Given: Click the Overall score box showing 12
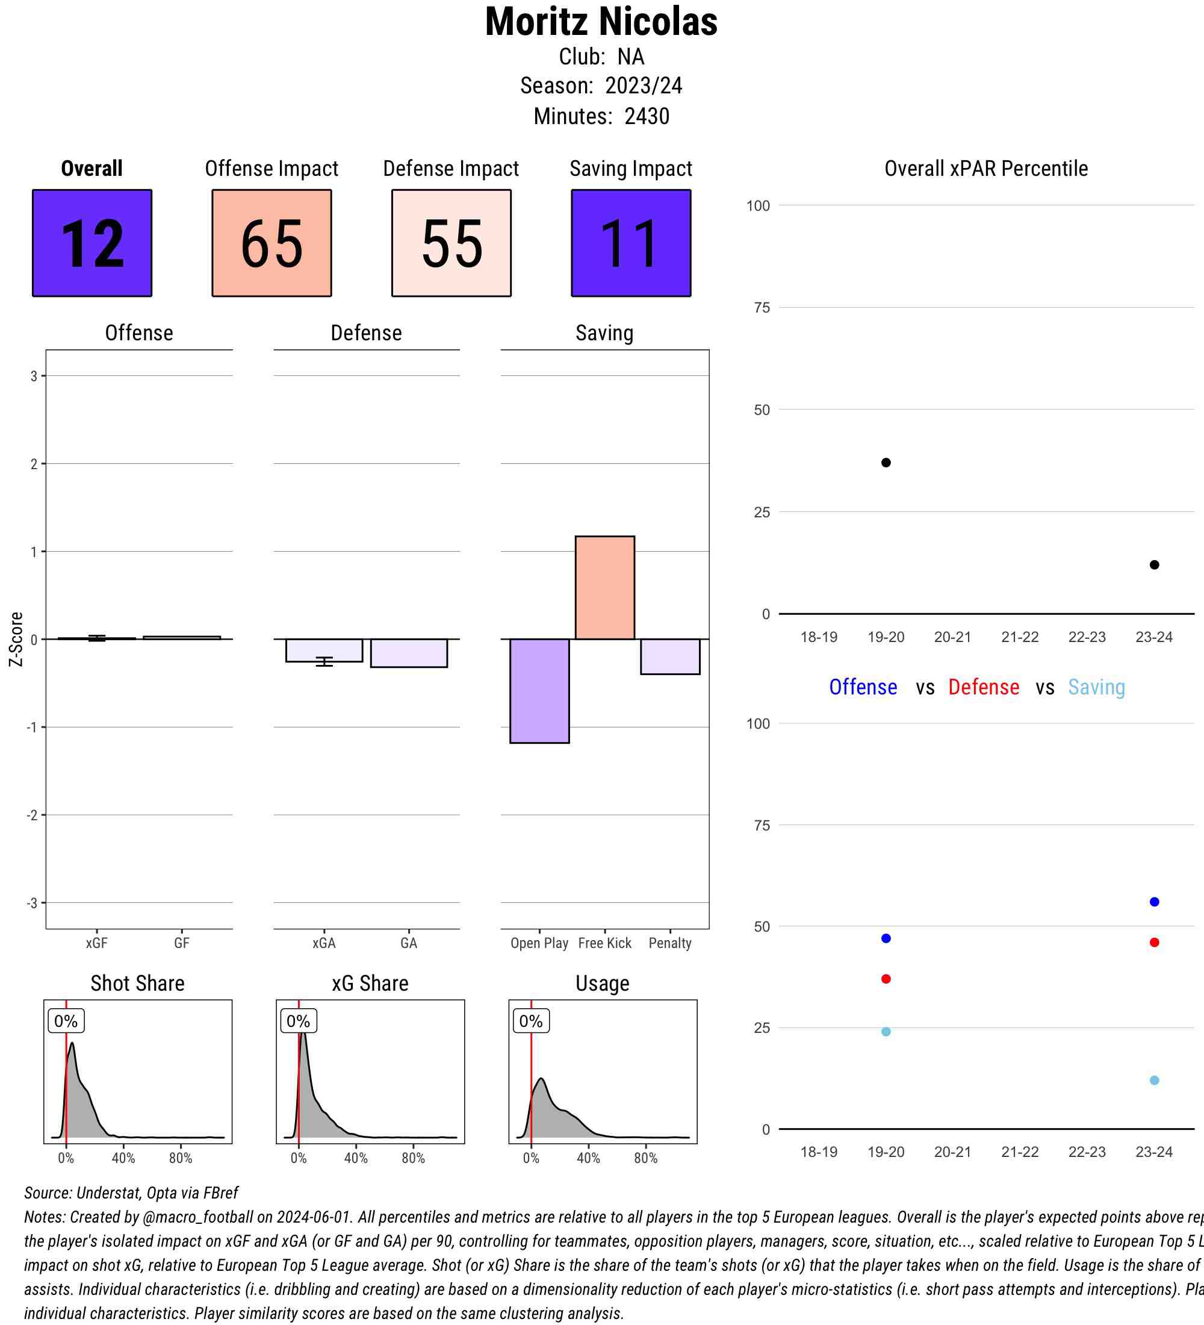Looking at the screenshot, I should (x=92, y=243).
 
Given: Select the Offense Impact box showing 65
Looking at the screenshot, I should (x=272, y=243).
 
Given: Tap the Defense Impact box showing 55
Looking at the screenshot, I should (x=451, y=243).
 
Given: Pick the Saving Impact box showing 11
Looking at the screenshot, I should (x=630, y=243).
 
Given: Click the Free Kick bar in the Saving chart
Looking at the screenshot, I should (x=604, y=588).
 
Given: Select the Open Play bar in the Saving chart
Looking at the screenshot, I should (x=539, y=691).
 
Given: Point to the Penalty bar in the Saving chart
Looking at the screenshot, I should (x=670, y=656).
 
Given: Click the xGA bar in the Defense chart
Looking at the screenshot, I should (x=324, y=650).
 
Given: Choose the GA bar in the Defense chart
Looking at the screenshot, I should (x=409, y=653).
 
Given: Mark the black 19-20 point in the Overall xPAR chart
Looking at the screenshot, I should (x=886, y=463).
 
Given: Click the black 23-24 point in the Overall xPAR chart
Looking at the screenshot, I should (x=1154, y=564).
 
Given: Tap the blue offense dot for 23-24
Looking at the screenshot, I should (x=1154, y=902).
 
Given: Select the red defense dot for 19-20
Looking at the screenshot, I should (x=886, y=979).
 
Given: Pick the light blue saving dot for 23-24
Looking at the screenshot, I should (x=1154, y=1080).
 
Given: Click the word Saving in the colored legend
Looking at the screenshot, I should (x=1096, y=687).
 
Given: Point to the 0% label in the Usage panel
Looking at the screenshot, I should (x=531, y=1021).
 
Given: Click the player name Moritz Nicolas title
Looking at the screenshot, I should (x=601, y=22).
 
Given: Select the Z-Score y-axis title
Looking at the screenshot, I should (x=16, y=639).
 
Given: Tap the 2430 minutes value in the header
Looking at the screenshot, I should (x=647, y=116).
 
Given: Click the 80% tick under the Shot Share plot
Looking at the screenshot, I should (x=181, y=1158).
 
